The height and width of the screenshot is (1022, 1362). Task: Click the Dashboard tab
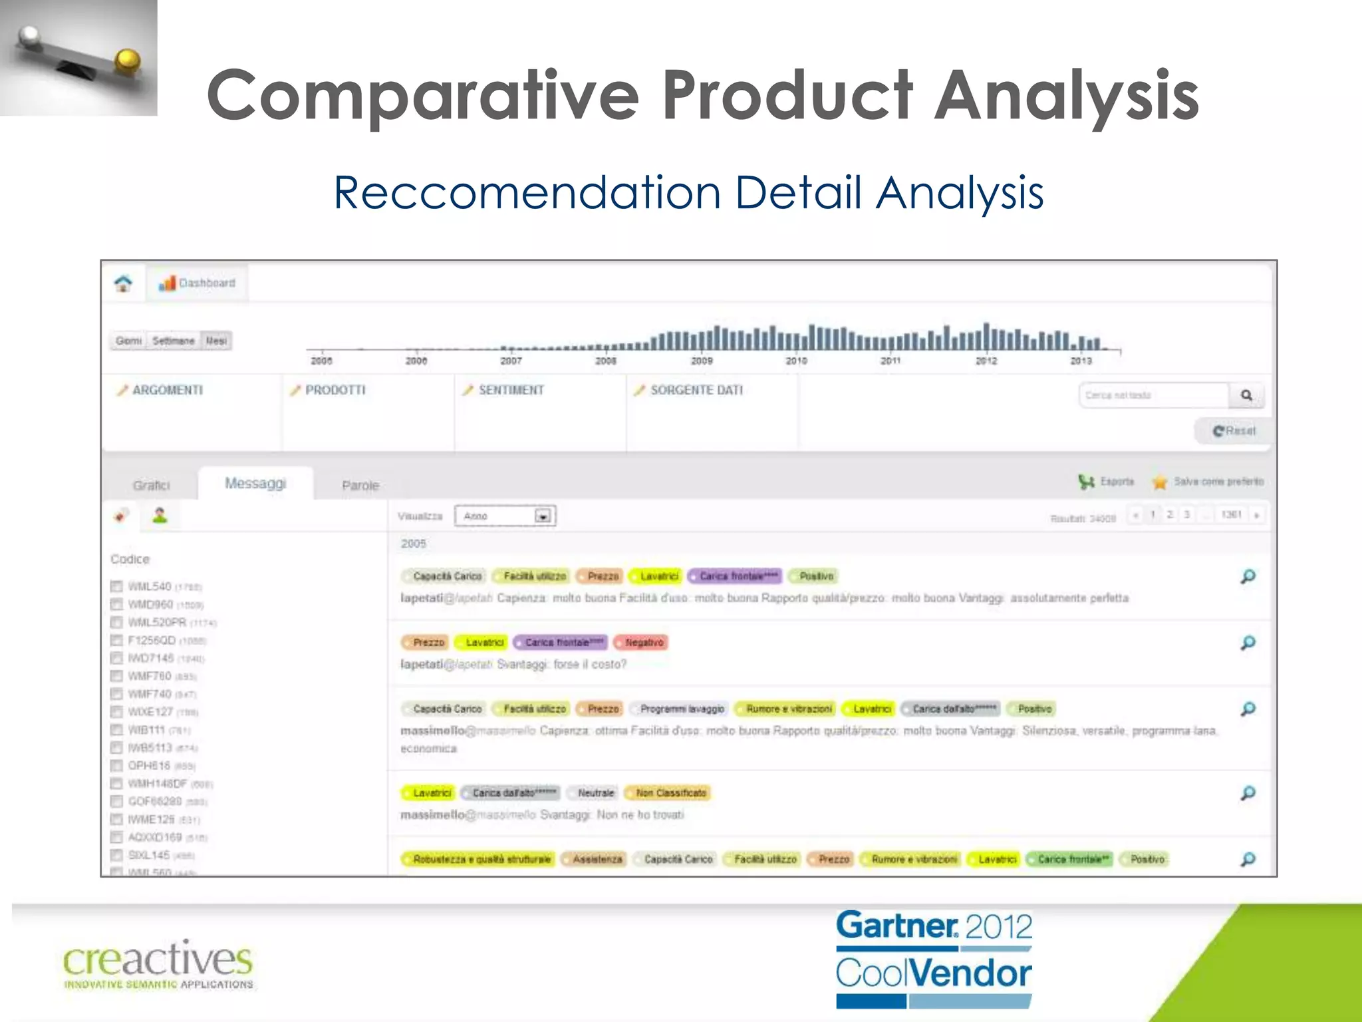point(198,283)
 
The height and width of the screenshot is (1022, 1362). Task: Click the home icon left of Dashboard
point(123,283)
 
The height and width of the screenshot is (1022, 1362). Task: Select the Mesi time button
point(216,341)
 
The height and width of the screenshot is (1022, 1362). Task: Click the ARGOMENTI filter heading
point(167,390)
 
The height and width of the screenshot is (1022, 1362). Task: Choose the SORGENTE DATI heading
point(696,390)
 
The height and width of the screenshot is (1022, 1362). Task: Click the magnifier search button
point(1246,395)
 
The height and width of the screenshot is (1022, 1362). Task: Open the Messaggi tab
point(255,483)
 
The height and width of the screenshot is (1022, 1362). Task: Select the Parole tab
point(360,485)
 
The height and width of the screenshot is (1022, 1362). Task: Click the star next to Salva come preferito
point(1160,482)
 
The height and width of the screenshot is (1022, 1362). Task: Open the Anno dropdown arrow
point(543,516)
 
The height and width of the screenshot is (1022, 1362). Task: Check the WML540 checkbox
point(117,586)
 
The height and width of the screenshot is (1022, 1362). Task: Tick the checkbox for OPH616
point(117,765)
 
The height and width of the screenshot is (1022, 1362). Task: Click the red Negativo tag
point(643,643)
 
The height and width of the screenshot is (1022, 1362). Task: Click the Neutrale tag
point(595,793)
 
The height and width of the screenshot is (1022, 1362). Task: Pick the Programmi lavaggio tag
point(681,709)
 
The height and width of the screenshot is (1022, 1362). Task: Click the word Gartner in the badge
point(896,926)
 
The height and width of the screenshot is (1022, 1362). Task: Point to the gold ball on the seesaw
point(126,61)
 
